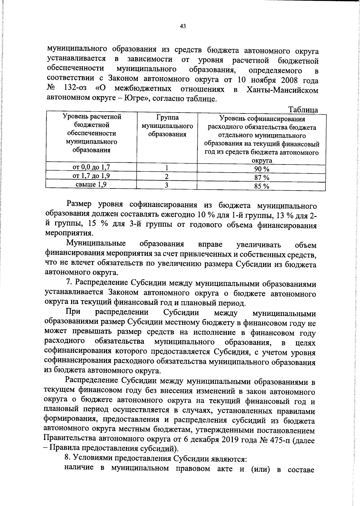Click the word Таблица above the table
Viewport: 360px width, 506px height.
click(x=303, y=110)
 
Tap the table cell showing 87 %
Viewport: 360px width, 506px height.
click(x=262, y=177)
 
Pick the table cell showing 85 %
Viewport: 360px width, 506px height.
click(x=262, y=186)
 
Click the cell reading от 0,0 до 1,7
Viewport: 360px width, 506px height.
click(x=91, y=167)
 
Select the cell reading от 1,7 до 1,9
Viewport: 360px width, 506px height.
click(x=91, y=176)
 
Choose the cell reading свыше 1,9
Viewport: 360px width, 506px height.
click(x=91, y=184)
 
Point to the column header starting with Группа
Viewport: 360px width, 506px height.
click(x=167, y=126)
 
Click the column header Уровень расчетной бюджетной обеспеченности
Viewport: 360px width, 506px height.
click(x=91, y=133)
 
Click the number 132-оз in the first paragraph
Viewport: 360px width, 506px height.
click(x=76, y=89)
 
